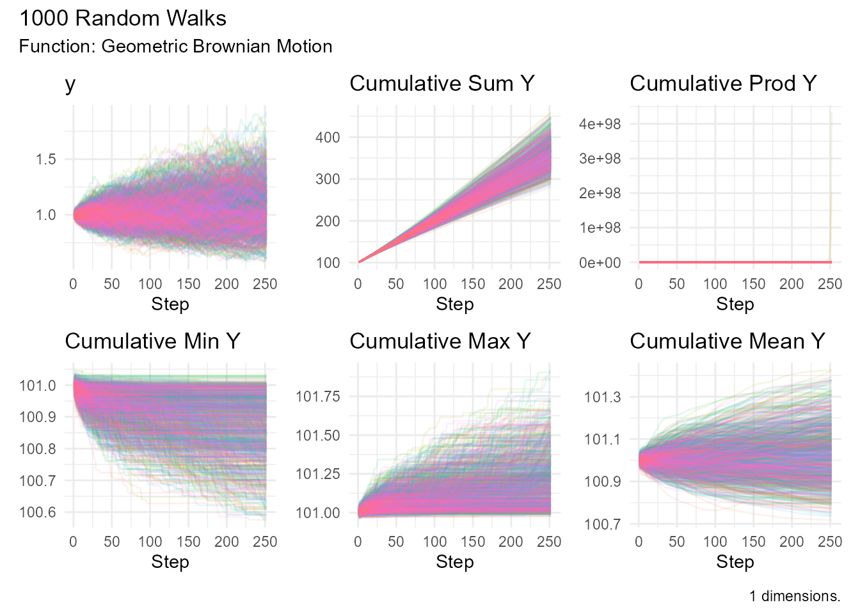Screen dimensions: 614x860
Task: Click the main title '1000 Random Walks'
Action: click(122, 19)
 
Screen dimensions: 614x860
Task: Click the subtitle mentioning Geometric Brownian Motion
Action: click(175, 47)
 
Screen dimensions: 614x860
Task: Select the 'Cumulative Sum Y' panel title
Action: click(442, 84)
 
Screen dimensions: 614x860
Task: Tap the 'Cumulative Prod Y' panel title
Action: click(723, 84)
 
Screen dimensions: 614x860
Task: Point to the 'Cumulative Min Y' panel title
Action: click(152, 342)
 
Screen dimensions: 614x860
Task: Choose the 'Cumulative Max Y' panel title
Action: click(440, 342)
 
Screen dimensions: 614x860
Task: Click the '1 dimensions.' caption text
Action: click(795, 596)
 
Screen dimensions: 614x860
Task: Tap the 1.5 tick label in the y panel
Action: click(45, 159)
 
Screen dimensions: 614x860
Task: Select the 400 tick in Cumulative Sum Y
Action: click(328, 137)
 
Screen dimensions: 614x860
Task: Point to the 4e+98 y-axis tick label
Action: click(600, 124)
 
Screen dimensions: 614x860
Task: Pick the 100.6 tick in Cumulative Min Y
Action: click(37, 512)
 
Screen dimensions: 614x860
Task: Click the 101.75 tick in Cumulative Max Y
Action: click(317, 397)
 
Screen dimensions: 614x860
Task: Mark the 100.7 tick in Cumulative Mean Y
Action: click(602, 524)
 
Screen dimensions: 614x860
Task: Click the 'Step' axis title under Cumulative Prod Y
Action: click(735, 304)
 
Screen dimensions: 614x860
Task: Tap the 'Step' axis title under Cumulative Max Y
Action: click(454, 562)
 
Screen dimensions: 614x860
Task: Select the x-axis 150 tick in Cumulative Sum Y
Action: click(473, 284)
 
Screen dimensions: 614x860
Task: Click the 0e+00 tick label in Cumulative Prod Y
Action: click(600, 263)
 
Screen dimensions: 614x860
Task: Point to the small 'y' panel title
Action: click(70, 85)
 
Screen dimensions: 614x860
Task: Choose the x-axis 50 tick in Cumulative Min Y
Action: click(111, 542)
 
